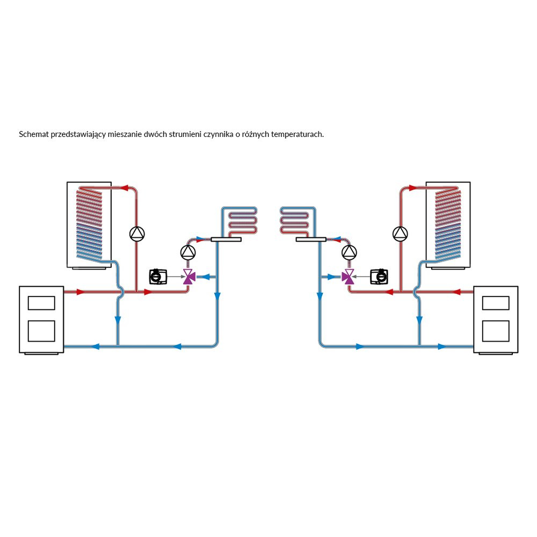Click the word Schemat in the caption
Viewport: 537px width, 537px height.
tap(33, 134)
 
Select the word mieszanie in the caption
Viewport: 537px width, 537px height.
tap(125, 134)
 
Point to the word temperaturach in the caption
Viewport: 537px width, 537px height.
tap(297, 134)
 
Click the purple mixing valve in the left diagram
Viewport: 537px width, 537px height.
tap(188, 277)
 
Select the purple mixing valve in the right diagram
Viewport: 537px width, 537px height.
tap(349, 277)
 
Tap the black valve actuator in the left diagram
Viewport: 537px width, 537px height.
tap(158, 277)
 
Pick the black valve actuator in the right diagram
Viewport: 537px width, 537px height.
tap(379, 277)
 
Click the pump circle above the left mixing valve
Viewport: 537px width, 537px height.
tap(188, 251)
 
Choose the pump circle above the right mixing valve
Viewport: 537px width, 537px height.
tap(349, 251)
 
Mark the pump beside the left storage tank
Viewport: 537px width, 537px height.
tap(137, 234)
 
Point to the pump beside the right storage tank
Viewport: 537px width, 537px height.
tap(400, 234)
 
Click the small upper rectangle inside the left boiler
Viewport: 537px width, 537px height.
tap(41, 303)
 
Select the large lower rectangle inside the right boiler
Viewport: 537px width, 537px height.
tap(496, 331)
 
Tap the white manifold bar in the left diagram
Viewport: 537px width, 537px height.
tap(226, 240)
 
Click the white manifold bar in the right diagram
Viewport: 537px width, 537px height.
tap(311, 240)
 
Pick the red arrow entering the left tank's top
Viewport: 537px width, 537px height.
tap(124, 188)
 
